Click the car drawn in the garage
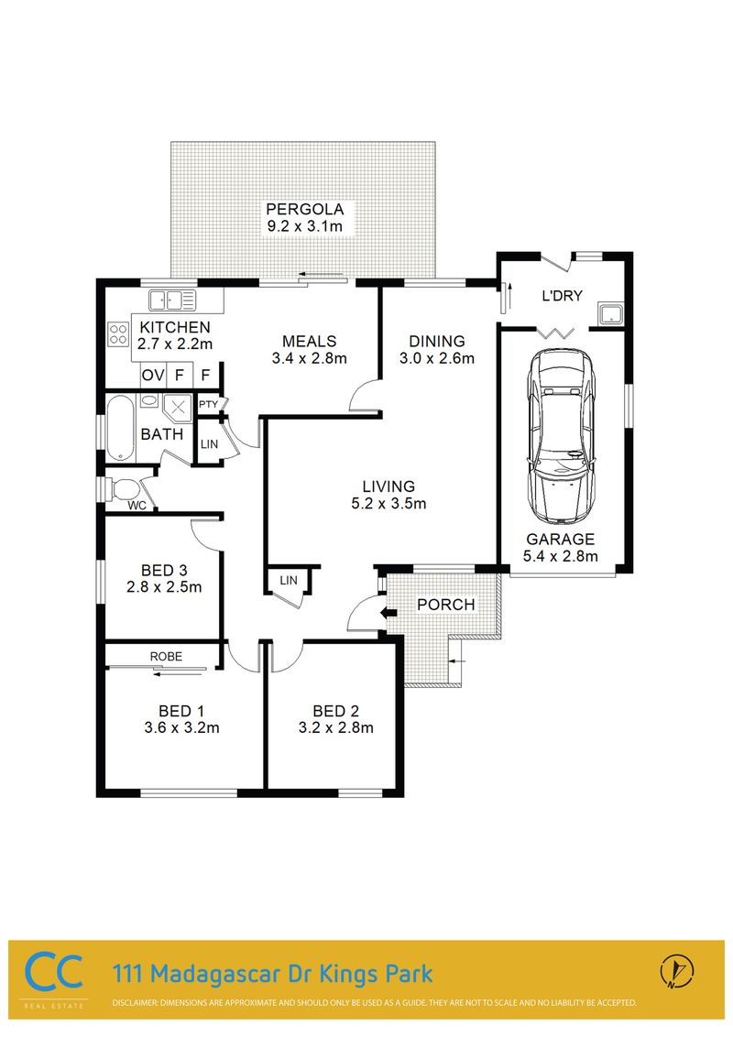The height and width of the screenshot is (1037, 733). tap(561, 436)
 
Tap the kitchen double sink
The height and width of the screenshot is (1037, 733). tap(172, 300)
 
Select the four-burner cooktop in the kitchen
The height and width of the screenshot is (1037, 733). tap(118, 333)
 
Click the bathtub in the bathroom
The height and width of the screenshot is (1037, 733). tap(120, 430)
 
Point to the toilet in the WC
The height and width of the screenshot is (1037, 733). tap(123, 489)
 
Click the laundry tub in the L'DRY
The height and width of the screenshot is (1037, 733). tap(610, 313)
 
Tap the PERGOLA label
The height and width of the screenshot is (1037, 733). tap(305, 210)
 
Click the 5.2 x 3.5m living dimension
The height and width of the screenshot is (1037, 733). tap(388, 503)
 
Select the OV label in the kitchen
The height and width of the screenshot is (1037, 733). tap(153, 375)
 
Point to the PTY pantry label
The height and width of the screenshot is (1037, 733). tap(208, 404)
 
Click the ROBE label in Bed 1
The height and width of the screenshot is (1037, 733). tap(166, 657)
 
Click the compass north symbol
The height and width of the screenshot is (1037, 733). tap(677, 971)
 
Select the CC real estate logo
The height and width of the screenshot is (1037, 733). tap(53, 973)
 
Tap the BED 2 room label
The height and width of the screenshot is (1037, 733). tap(335, 711)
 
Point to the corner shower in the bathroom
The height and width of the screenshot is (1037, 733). tap(178, 408)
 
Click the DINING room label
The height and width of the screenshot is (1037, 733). tap(437, 342)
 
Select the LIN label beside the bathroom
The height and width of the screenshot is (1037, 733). tap(209, 444)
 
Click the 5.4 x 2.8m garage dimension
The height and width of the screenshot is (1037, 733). tap(561, 556)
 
